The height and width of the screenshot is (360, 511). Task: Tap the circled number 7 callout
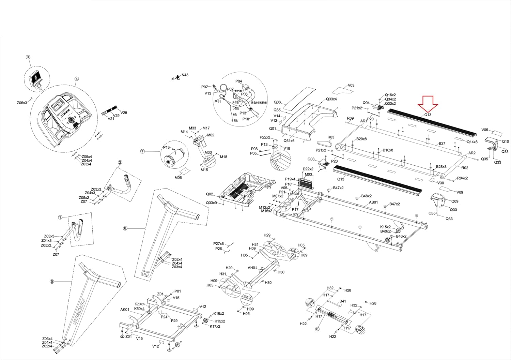click(143, 151)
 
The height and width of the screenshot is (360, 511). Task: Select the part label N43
click(185, 75)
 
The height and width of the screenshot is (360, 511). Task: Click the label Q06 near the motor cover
click(277, 102)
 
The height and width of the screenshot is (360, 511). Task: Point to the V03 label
click(351, 86)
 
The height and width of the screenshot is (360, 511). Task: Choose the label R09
click(350, 119)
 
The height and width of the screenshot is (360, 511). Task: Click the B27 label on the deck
click(442, 144)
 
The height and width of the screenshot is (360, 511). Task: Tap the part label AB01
click(374, 202)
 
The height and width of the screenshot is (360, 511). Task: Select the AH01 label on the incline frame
click(252, 268)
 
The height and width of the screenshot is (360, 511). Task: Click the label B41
click(343, 301)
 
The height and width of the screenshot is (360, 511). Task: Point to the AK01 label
click(125, 310)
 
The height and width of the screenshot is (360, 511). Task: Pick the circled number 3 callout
click(28, 57)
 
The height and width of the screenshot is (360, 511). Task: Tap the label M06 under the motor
click(178, 178)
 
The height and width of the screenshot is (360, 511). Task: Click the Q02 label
click(210, 194)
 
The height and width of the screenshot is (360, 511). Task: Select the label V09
click(460, 192)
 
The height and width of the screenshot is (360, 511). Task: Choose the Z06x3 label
click(22, 103)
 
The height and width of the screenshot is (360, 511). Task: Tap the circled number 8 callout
click(318, 329)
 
